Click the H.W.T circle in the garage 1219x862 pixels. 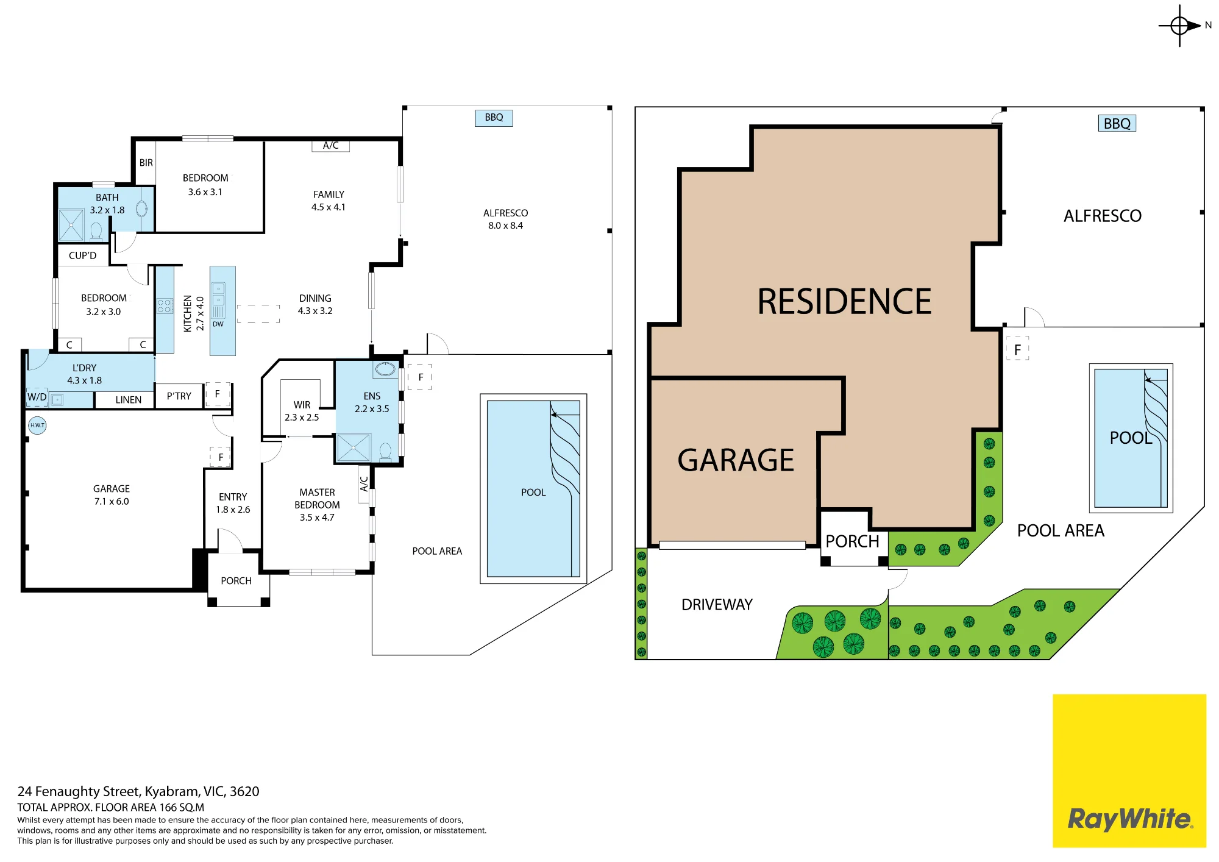pyautogui.click(x=37, y=425)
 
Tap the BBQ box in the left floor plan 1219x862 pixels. pyautogui.click(x=494, y=118)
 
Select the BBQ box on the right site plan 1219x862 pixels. pyautogui.click(x=1117, y=123)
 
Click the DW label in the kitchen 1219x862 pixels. pyautogui.click(x=218, y=324)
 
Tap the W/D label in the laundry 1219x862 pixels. pyautogui.click(x=37, y=397)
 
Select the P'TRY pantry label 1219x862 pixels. pyautogui.click(x=179, y=396)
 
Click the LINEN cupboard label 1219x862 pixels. pyautogui.click(x=129, y=400)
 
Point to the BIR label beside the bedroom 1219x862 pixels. pyautogui.click(x=146, y=163)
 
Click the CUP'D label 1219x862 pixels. pyautogui.click(x=83, y=255)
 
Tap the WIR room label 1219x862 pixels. pyautogui.click(x=302, y=405)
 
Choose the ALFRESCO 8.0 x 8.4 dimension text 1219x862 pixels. pyautogui.click(x=505, y=226)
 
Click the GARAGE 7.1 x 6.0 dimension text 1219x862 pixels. pyautogui.click(x=112, y=502)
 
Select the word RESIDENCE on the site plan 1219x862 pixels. pyautogui.click(x=845, y=301)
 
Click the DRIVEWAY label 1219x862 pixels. pyautogui.click(x=717, y=605)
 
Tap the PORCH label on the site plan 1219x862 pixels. pyautogui.click(x=852, y=541)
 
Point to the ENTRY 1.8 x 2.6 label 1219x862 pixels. pyautogui.click(x=233, y=504)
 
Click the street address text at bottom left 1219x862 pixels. pyautogui.click(x=138, y=791)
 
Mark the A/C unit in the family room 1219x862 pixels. pyautogui.click(x=331, y=146)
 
